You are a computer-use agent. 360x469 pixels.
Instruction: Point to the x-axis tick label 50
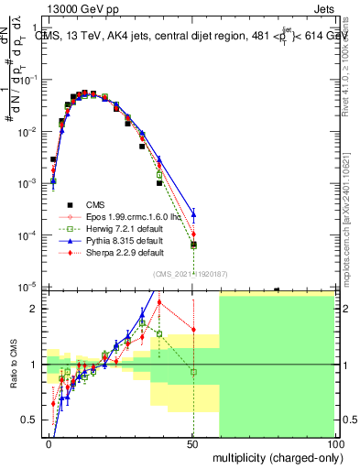pos(192,442)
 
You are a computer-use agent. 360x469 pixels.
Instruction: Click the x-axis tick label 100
pos(335,442)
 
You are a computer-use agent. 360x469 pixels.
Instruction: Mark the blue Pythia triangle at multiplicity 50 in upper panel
pos(192,215)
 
